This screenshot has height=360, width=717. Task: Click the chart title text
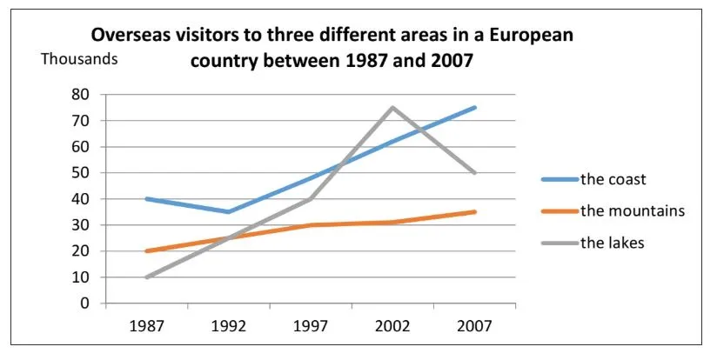pyautogui.click(x=332, y=50)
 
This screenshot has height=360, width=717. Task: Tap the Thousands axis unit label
pyautogui.click(x=78, y=60)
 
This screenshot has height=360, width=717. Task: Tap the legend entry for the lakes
pyautogui.click(x=612, y=243)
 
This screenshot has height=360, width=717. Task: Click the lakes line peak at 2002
pyautogui.click(x=393, y=108)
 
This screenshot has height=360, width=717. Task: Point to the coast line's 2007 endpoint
pyautogui.click(x=475, y=108)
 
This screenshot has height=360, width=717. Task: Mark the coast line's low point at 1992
pyautogui.click(x=228, y=212)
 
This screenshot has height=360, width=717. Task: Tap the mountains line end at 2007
pyautogui.click(x=475, y=212)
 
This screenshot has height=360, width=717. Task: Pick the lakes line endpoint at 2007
pyautogui.click(x=475, y=173)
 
